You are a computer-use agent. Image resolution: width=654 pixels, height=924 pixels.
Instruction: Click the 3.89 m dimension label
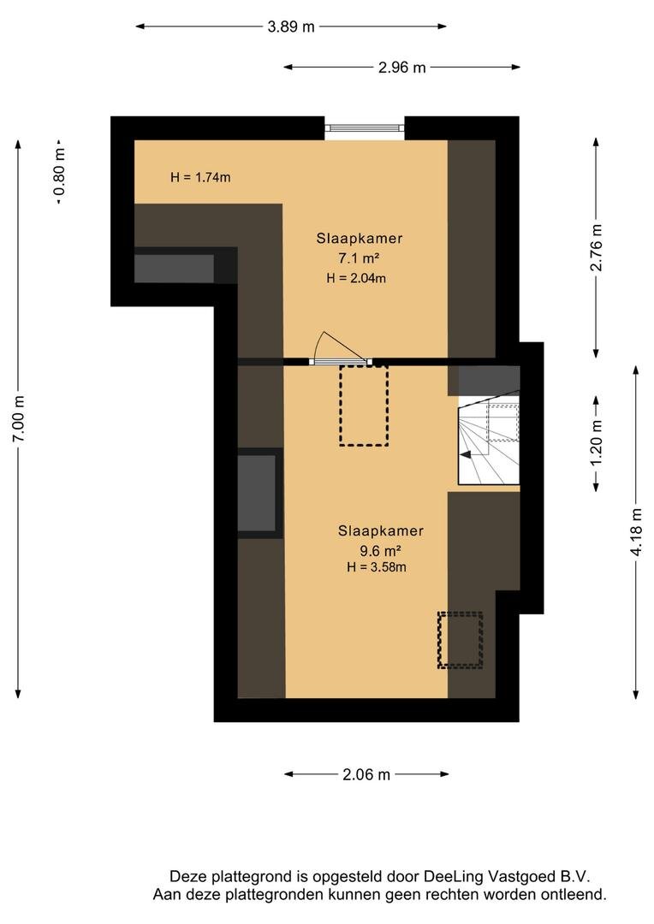[291, 27]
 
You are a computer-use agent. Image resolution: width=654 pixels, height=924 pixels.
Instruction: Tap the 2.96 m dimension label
[401, 68]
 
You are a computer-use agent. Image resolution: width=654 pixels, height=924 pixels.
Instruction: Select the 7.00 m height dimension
[19, 419]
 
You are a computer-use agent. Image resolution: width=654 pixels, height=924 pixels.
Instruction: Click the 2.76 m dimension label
[596, 247]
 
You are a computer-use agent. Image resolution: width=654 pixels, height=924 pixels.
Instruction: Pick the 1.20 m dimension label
[596, 442]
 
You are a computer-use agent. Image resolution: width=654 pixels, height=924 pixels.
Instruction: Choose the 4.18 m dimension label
[636, 531]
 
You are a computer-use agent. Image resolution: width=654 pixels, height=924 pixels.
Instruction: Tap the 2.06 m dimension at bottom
[366, 774]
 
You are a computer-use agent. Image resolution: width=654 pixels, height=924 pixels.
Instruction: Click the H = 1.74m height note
[200, 177]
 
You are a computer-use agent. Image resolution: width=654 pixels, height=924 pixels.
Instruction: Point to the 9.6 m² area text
[380, 552]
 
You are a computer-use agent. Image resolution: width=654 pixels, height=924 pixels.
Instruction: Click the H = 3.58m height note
[377, 567]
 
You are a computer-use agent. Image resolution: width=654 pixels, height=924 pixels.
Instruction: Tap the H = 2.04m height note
[356, 278]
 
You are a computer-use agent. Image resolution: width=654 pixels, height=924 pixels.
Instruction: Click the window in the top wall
[365, 127]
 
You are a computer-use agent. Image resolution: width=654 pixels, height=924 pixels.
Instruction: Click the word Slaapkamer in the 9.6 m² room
[380, 531]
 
